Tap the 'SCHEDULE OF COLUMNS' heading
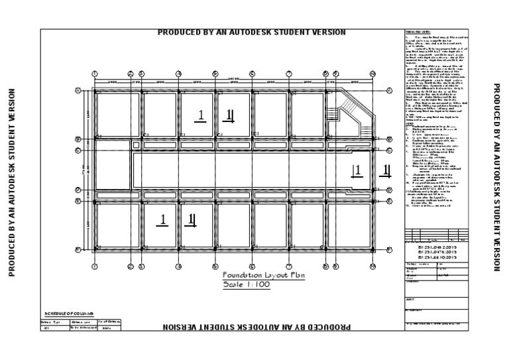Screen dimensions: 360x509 (x=69, y=312)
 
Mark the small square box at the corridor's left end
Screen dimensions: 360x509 (x=136, y=145)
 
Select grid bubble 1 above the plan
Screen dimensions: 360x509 (x=94, y=74)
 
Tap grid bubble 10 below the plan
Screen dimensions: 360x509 (x=372, y=267)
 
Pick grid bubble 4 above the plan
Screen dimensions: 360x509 (x=178, y=74)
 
